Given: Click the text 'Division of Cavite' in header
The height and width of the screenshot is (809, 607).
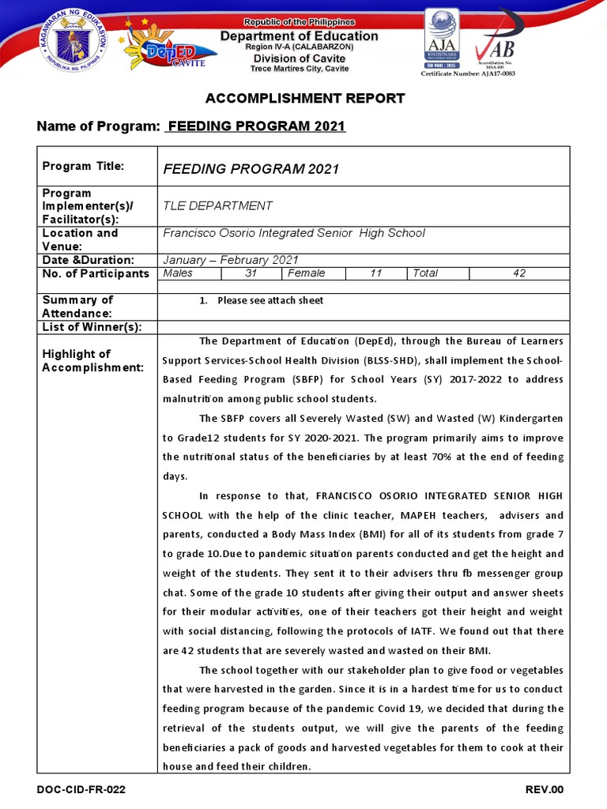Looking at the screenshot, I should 303,58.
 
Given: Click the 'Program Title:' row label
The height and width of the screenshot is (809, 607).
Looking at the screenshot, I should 83,166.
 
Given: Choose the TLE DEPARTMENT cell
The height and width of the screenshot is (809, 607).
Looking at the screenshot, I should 217,205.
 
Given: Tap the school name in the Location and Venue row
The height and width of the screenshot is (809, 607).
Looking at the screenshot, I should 293,233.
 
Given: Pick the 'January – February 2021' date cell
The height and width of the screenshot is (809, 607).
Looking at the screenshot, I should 230,260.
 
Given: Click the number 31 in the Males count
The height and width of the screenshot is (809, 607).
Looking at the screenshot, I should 251,273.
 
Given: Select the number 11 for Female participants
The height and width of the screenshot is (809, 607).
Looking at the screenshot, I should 376,273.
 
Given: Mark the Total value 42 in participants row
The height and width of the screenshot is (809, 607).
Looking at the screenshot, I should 518,273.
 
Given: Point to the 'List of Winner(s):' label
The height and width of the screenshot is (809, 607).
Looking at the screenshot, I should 92,327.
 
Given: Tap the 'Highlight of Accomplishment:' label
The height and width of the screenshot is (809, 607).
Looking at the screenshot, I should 92,360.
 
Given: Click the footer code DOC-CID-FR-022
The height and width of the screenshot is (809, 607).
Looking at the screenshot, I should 81,790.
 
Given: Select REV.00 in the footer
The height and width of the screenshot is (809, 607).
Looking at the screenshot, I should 545,790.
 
